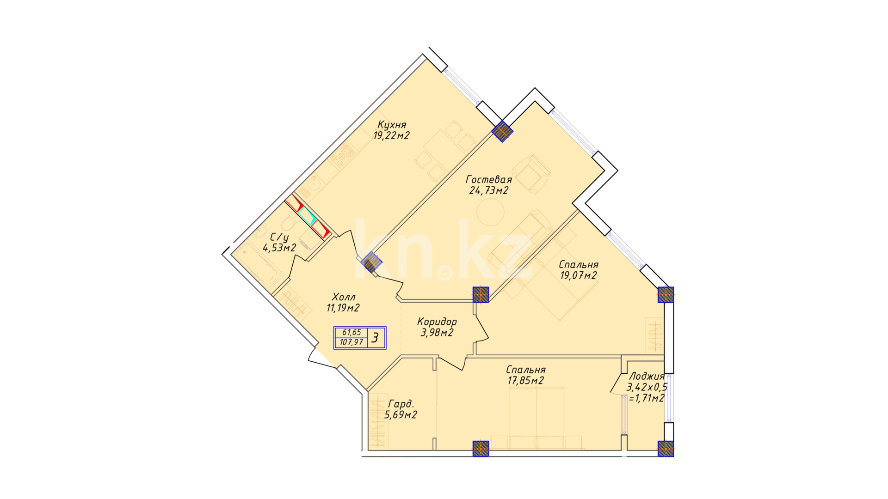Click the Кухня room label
[392, 124]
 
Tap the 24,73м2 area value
[489, 190]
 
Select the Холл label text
[344, 297]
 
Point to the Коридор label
[437, 322]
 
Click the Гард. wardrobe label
[401, 403]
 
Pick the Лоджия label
[647, 377]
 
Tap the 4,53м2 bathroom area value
[279, 248]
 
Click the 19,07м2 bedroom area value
[579, 275]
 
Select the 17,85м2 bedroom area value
[526, 380]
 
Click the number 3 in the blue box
[375, 338]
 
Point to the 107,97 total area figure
[351, 342]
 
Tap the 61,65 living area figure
[351, 332]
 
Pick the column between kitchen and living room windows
[502, 131]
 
